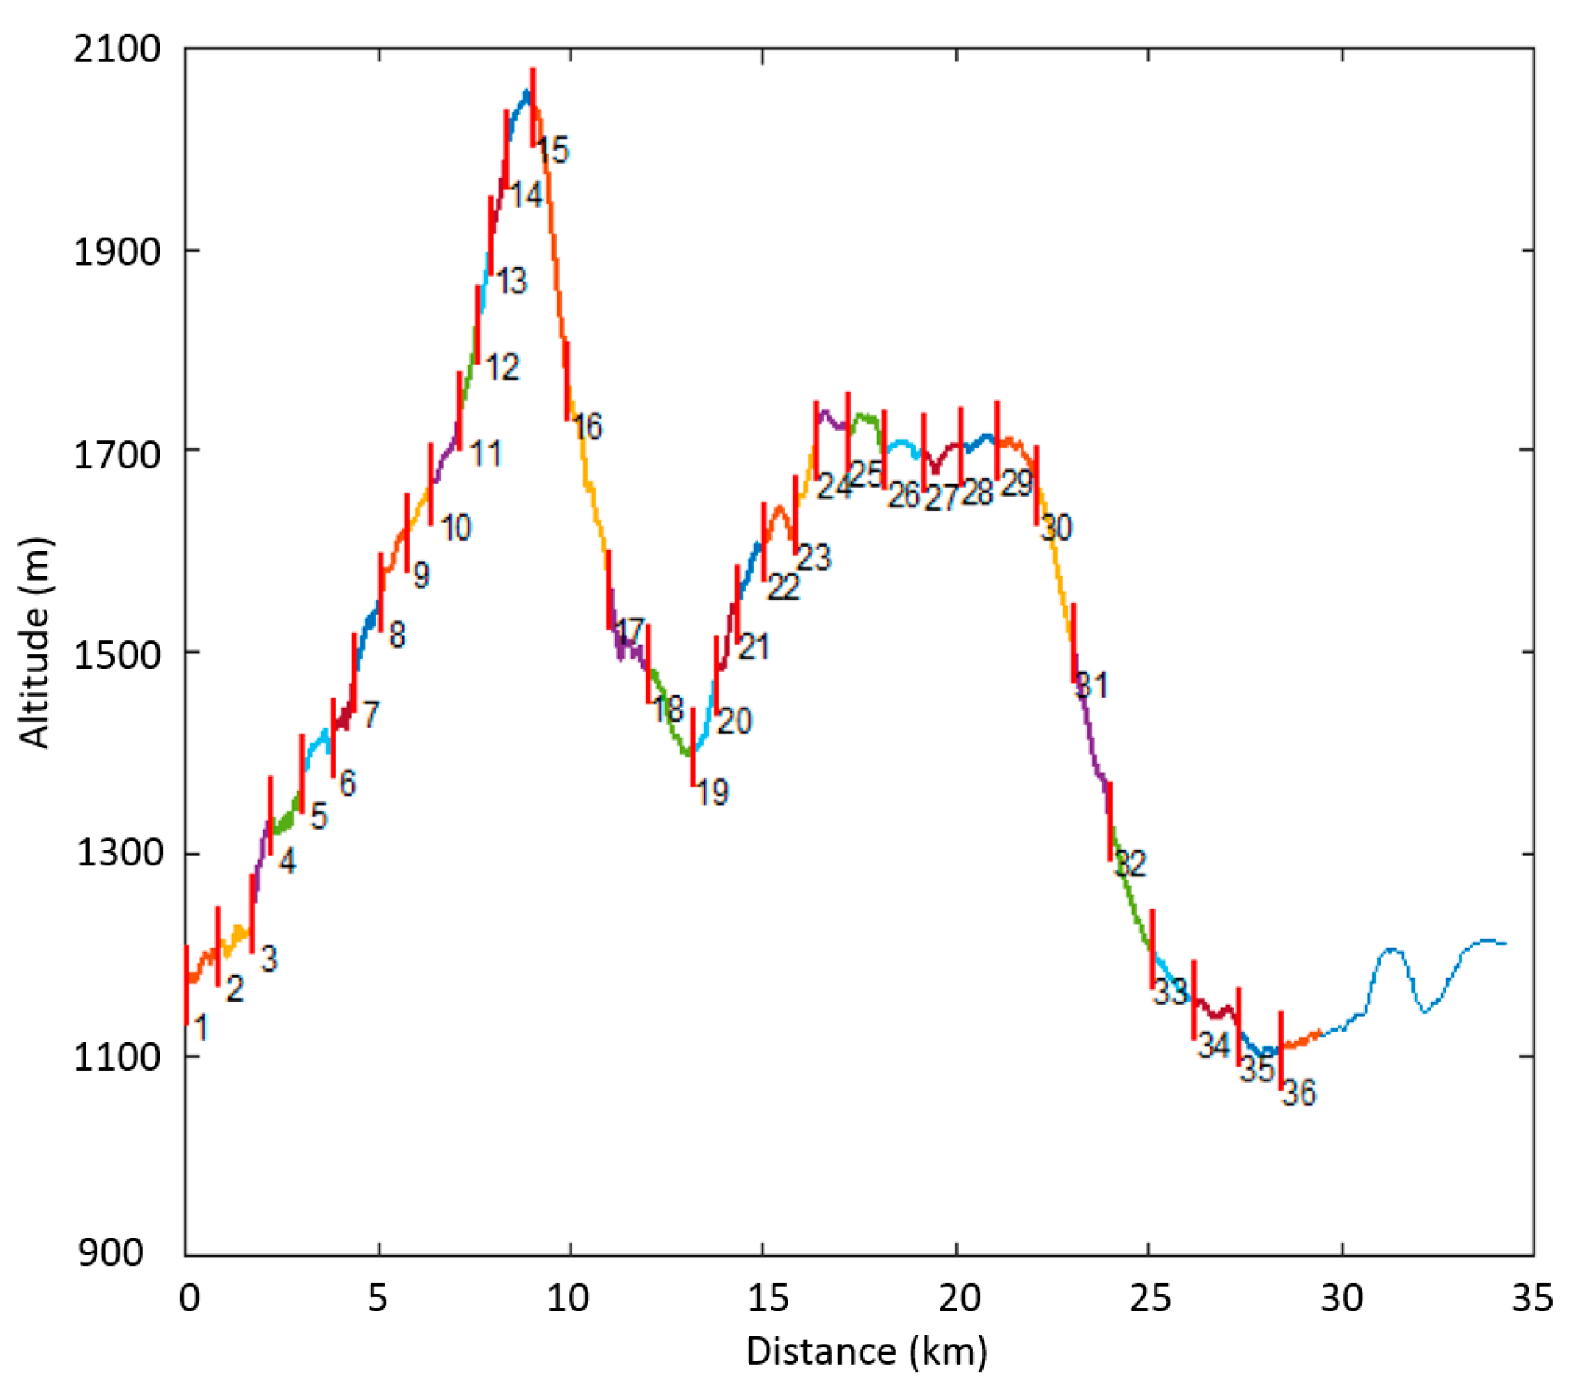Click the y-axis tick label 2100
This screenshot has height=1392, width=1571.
[116, 50]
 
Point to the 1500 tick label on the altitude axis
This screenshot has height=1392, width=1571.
[116, 654]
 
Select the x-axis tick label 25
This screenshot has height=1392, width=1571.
[1150, 1296]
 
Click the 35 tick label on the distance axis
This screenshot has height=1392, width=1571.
[1533, 1296]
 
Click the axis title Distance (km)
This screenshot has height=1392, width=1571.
[867, 1350]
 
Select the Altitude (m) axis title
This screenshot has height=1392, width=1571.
[35, 643]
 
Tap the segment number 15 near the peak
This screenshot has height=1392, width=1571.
[552, 150]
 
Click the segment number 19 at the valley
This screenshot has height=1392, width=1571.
[712, 792]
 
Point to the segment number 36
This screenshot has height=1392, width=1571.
[1299, 1093]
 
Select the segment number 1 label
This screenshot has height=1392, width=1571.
[200, 1027]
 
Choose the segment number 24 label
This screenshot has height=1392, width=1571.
[833, 486]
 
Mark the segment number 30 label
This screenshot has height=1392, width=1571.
[1056, 527]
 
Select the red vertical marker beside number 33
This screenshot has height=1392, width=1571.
[1152, 949]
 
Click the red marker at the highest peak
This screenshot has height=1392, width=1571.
[533, 107]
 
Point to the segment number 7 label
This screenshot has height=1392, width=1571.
[371, 713]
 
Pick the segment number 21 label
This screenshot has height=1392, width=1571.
[754, 646]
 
